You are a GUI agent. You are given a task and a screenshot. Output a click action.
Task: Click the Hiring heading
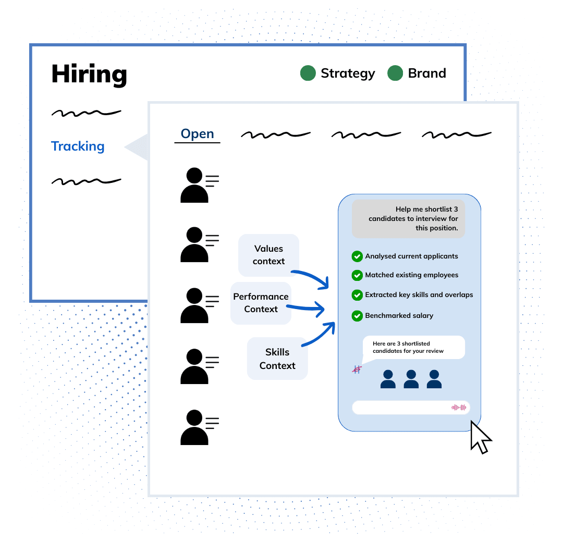tap(89, 74)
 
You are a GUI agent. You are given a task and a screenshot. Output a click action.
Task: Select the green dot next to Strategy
tap(308, 73)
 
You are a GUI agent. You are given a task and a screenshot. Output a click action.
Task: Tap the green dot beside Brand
tap(395, 73)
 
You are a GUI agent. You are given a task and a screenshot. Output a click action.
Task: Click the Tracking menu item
tap(78, 146)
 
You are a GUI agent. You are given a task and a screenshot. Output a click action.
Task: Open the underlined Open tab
tap(197, 134)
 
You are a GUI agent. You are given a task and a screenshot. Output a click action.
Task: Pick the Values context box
tap(268, 255)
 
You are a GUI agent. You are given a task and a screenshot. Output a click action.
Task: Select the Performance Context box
tap(261, 303)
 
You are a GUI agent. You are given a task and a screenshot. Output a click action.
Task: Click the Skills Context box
tap(277, 359)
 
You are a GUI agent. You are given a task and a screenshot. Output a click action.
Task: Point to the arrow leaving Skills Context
tap(318, 336)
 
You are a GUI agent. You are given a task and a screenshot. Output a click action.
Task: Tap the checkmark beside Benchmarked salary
tap(357, 316)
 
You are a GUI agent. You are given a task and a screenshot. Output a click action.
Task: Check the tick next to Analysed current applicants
tap(357, 256)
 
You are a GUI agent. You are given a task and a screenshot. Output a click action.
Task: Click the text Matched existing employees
tap(412, 275)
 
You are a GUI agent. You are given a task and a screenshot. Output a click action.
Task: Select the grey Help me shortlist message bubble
tap(408, 219)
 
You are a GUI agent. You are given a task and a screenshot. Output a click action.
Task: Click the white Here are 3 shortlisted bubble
tap(413, 347)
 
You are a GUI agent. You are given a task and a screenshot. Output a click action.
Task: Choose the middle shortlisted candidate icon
tap(411, 379)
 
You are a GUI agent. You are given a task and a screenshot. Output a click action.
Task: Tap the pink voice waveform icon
tap(459, 408)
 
